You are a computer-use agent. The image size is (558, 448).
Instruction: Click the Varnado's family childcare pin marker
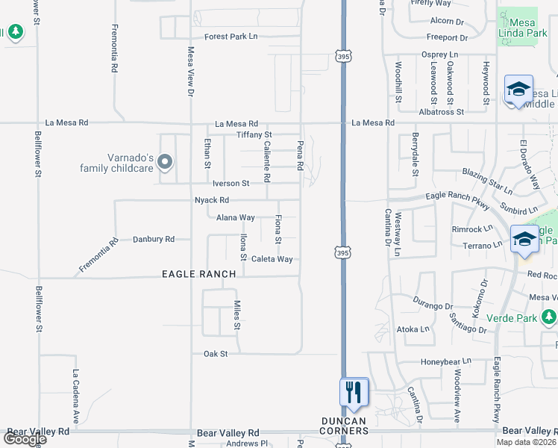coord(165,161)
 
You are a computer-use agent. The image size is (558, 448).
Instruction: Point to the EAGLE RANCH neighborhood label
coord(199,274)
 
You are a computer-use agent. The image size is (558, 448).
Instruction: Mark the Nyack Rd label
coord(211,200)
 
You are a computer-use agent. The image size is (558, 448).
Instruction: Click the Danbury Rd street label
coord(153,239)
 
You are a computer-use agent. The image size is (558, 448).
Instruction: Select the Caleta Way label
coord(272,259)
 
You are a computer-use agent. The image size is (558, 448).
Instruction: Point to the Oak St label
coord(216,353)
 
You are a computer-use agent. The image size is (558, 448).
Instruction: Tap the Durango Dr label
coord(433,306)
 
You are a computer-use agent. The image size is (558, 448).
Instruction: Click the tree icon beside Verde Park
coord(548,319)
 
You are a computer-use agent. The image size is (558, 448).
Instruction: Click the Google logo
coord(24,439)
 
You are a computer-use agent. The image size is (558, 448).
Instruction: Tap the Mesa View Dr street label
coord(190,72)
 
